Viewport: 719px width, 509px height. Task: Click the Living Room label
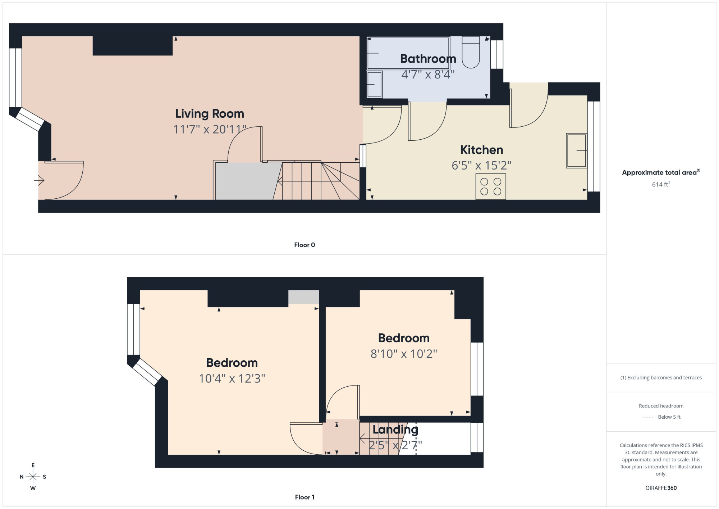(x=210, y=114)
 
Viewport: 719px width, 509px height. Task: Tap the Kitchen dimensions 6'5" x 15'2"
(x=481, y=166)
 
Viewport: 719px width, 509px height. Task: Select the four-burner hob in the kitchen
(x=491, y=186)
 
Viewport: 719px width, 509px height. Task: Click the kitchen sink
(x=577, y=150)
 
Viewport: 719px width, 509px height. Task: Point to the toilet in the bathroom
(x=471, y=52)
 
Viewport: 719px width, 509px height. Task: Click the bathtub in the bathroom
(x=408, y=53)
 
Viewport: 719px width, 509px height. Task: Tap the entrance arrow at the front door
(x=39, y=180)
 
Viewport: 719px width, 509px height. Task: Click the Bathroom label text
(x=428, y=59)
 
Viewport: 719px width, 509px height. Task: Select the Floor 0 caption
(x=304, y=245)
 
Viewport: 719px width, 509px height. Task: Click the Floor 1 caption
(x=304, y=497)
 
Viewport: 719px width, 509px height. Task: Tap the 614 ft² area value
(x=661, y=184)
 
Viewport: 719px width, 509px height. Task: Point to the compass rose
(x=33, y=477)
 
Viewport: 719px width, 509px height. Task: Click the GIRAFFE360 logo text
(x=661, y=488)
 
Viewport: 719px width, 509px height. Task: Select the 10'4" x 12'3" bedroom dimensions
(x=232, y=379)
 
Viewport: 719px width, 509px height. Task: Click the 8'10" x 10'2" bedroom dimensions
(x=404, y=354)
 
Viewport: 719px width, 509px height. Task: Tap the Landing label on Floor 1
(x=395, y=429)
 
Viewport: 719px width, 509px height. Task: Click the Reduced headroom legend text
(x=661, y=406)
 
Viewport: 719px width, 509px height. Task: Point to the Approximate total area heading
(x=661, y=172)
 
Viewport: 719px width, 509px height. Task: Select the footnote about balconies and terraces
(x=661, y=378)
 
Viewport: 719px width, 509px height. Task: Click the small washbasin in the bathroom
(x=374, y=84)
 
